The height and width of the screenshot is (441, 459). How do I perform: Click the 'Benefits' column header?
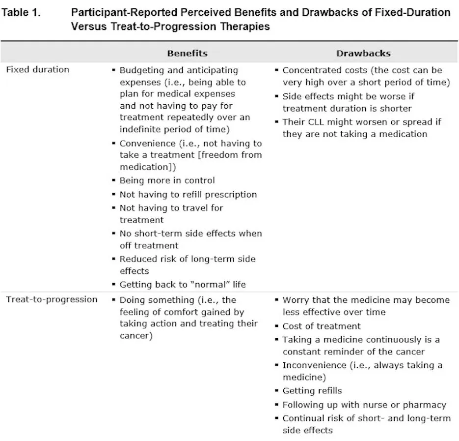click(x=187, y=54)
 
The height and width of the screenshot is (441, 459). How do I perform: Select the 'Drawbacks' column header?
click(x=363, y=54)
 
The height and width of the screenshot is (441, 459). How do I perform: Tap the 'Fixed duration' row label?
click(x=37, y=70)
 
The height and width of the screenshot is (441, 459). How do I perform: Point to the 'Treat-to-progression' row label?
click(x=52, y=299)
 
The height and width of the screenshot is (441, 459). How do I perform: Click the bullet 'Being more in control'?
click(x=167, y=180)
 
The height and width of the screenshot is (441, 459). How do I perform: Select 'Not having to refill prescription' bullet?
click(x=188, y=194)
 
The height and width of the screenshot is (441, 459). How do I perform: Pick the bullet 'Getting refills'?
click(x=312, y=391)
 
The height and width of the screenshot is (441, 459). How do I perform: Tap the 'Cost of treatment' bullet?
click(x=321, y=326)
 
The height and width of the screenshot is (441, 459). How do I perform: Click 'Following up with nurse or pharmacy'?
click(x=364, y=405)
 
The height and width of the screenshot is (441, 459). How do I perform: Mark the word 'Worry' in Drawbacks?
click(x=295, y=300)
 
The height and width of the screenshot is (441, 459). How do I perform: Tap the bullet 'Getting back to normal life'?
click(x=183, y=285)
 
